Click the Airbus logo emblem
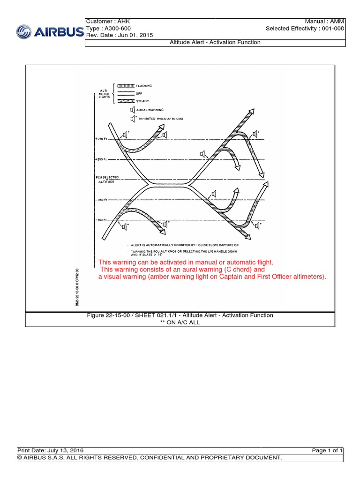[x=25, y=32]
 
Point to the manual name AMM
[x=336, y=22]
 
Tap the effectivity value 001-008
[x=331, y=29]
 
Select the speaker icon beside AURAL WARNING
[x=133, y=110]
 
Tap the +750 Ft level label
[x=101, y=139]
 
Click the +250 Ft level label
[x=101, y=159]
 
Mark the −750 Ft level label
[x=101, y=219]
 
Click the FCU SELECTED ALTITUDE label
[x=107, y=180]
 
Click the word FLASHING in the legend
[x=144, y=86]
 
